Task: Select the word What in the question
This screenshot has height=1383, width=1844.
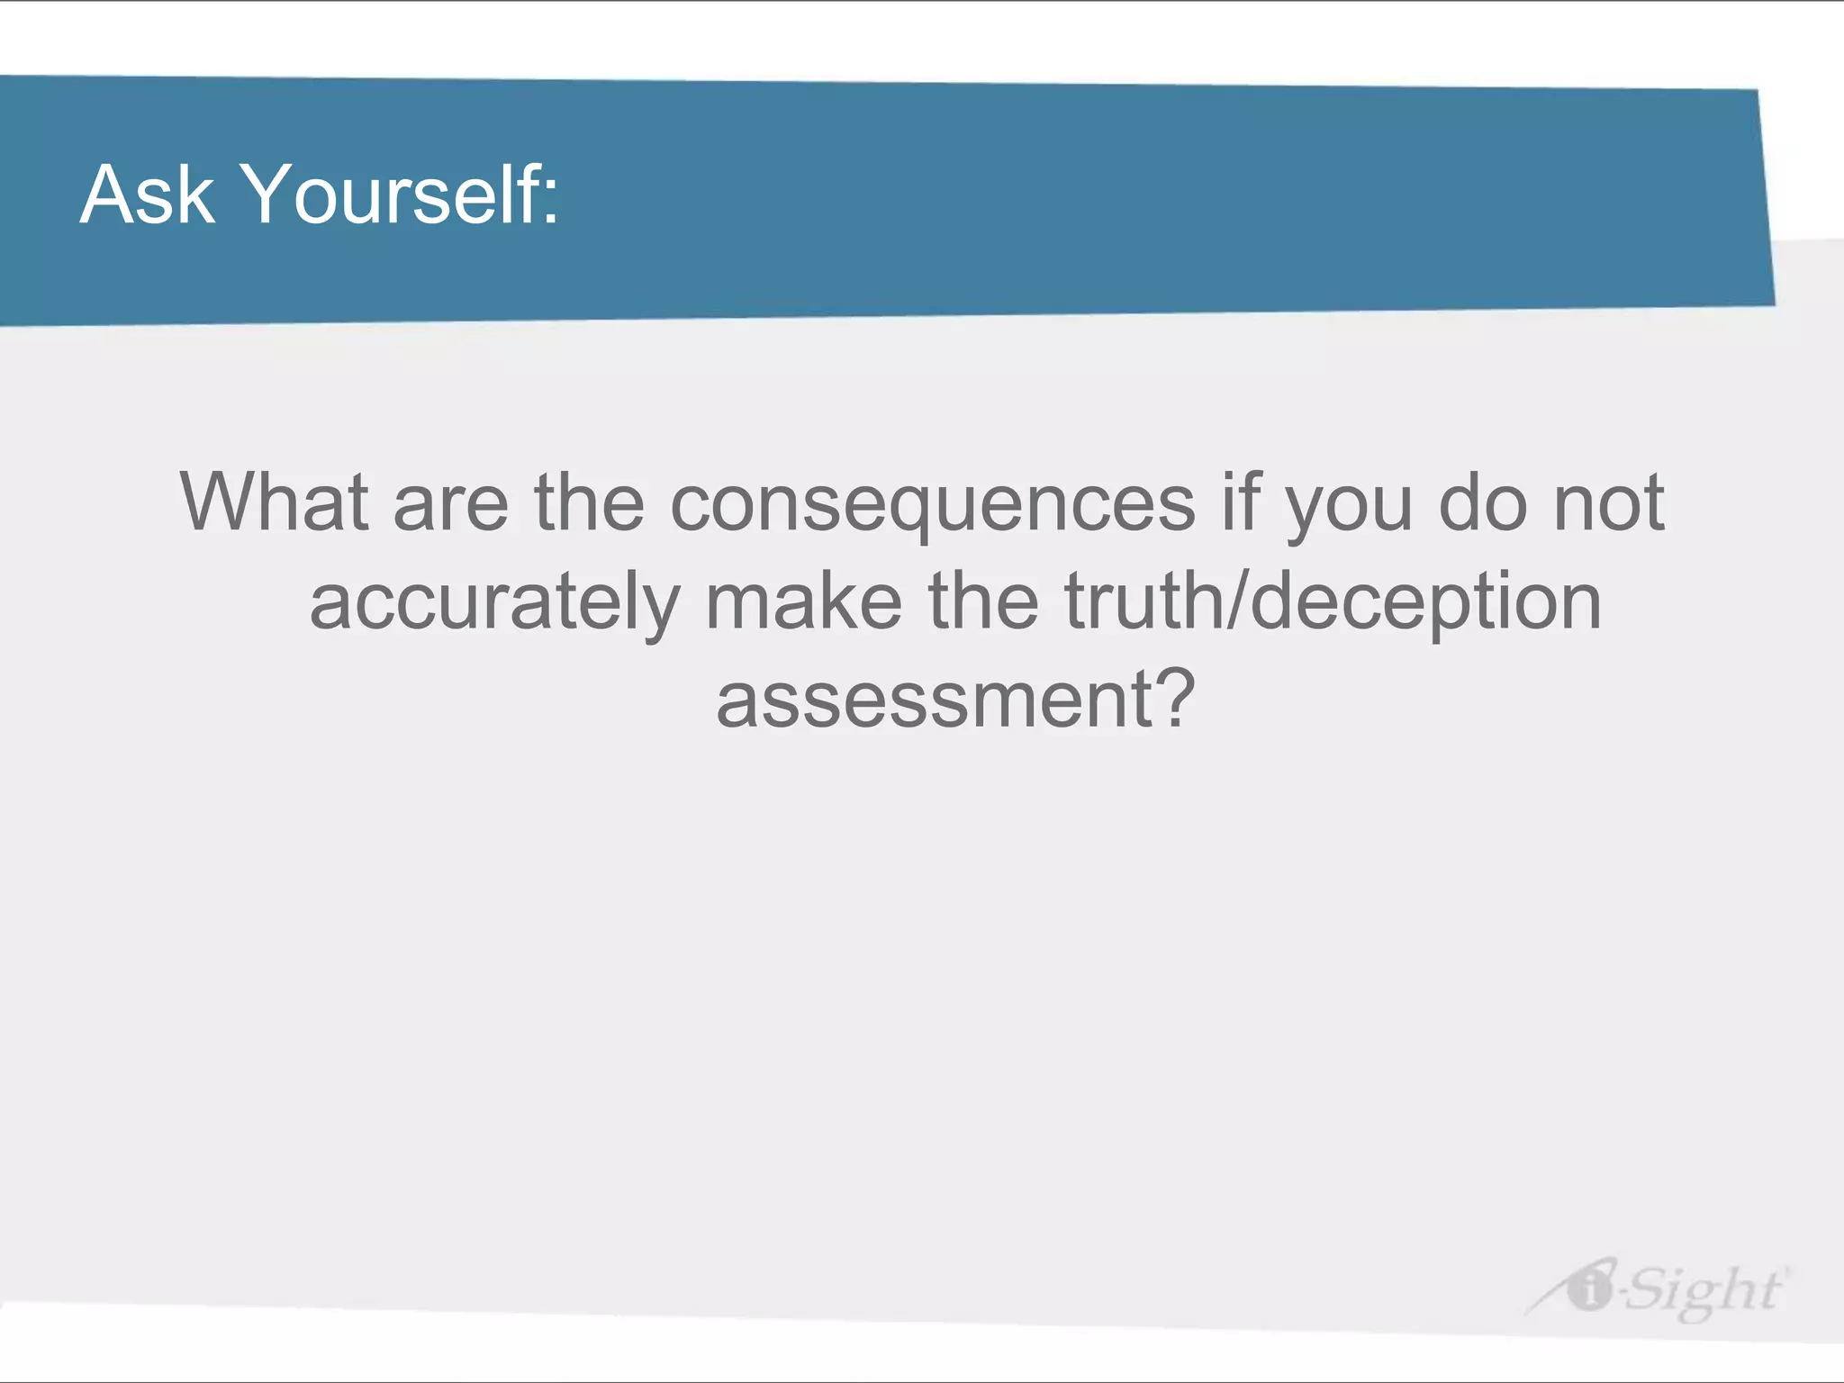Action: click(274, 502)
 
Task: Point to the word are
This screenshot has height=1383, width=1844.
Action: click(450, 506)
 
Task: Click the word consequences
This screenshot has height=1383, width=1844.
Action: click(933, 506)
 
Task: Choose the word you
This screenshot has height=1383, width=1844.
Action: click(1349, 510)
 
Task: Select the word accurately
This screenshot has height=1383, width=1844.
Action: click(495, 603)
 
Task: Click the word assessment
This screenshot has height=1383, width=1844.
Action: click(931, 701)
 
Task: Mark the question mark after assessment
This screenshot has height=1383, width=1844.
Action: click(1174, 697)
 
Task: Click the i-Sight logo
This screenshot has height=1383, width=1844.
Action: click(1657, 1289)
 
